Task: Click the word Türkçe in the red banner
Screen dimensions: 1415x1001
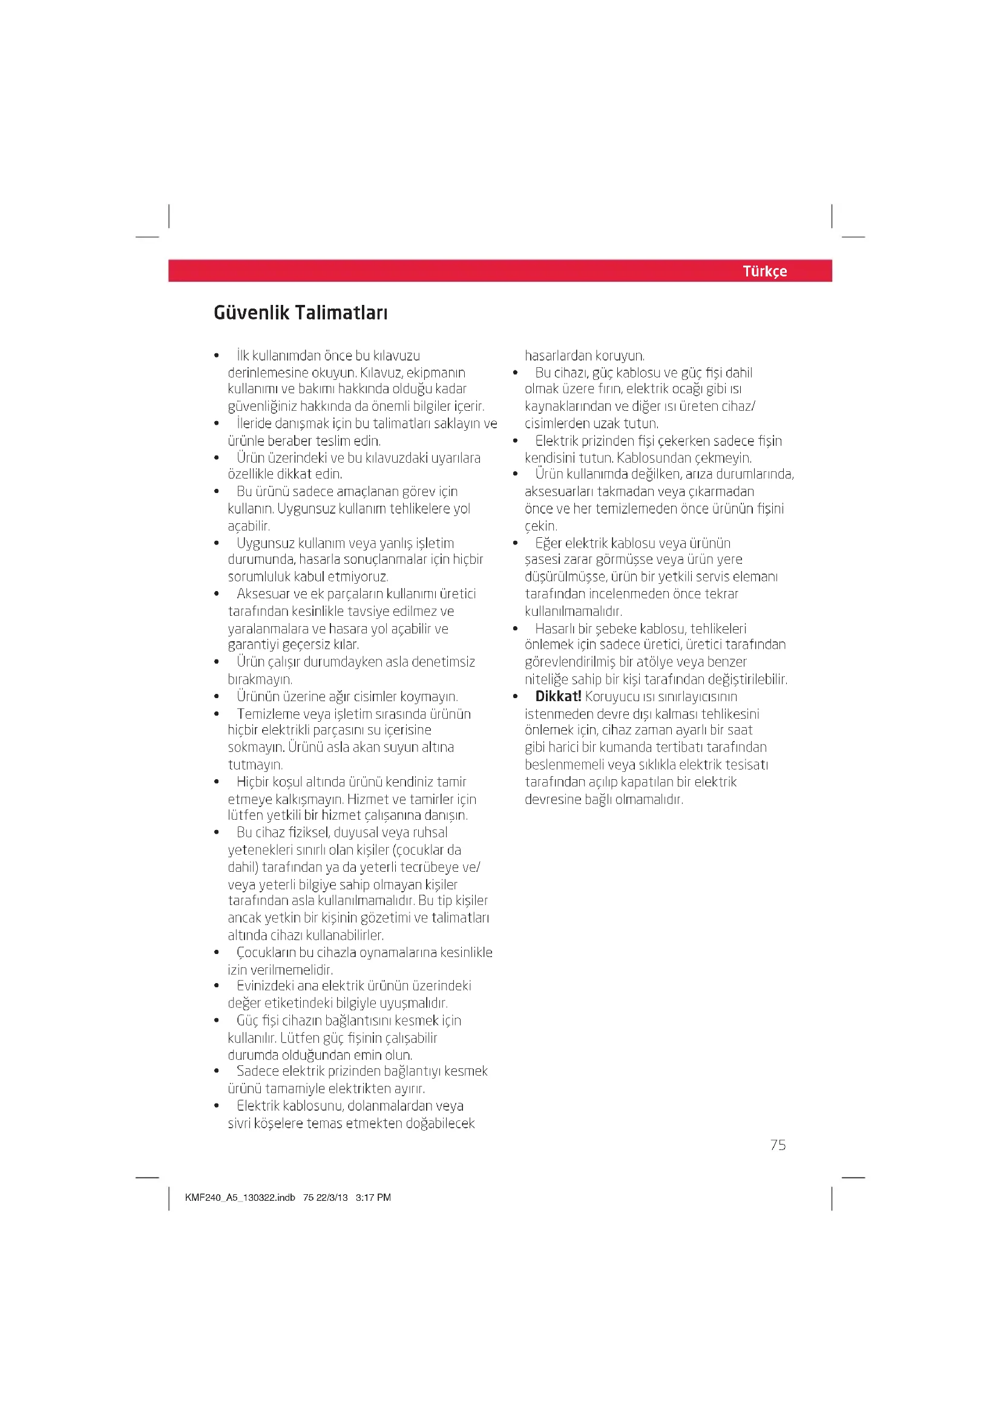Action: [764, 271]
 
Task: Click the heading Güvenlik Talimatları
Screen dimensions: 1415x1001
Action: [300, 312]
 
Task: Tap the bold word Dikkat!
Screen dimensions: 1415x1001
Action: [558, 696]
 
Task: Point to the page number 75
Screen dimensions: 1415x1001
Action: [778, 1145]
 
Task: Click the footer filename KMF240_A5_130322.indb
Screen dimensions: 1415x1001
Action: [240, 1197]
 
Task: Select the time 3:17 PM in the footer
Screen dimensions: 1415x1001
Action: [373, 1197]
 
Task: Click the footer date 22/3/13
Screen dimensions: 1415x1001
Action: [332, 1197]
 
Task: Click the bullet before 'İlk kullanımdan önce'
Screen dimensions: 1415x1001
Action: [216, 356]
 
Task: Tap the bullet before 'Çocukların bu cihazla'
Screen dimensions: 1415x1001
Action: [216, 952]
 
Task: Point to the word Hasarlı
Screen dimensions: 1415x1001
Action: [555, 629]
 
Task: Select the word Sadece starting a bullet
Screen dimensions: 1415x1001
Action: [257, 1071]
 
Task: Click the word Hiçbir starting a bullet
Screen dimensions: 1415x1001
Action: [255, 782]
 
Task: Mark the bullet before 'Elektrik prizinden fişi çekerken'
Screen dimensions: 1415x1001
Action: [515, 440]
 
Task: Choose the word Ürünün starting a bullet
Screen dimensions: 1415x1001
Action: [258, 696]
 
